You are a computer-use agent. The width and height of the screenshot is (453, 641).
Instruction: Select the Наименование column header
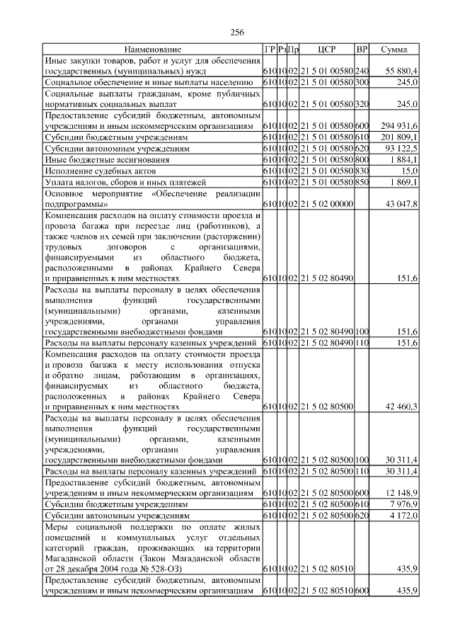pyautogui.click(x=152, y=50)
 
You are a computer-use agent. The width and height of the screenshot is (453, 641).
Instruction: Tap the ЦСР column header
pyautogui.click(x=326, y=50)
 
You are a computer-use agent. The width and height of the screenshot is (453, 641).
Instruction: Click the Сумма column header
pyautogui.click(x=394, y=50)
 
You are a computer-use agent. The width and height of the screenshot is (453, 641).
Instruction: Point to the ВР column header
pyautogui.click(x=362, y=50)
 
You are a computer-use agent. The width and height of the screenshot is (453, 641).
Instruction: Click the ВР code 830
pyautogui.click(x=362, y=171)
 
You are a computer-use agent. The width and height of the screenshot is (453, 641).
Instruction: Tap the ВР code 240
pyautogui.click(x=362, y=72)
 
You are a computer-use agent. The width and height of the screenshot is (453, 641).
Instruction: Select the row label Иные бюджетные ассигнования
pyautogui.click(x=101, y=160)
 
